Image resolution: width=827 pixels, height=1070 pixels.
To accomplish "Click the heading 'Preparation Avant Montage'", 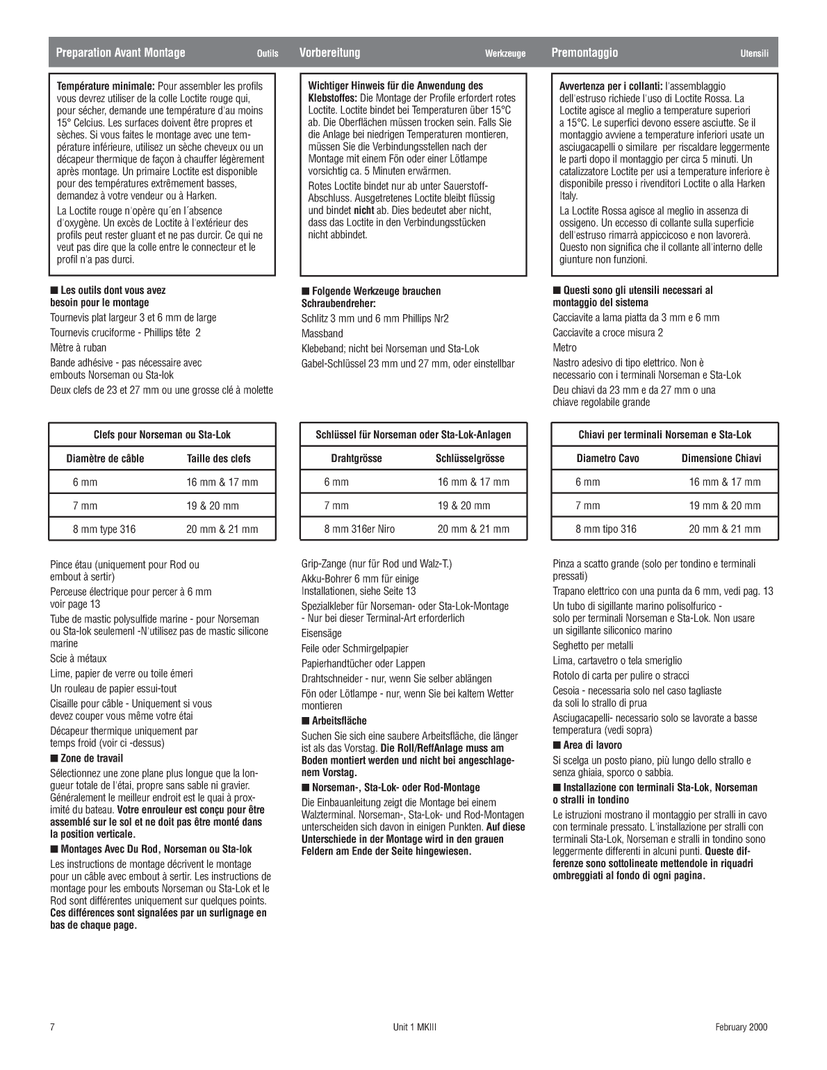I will click(120, 53).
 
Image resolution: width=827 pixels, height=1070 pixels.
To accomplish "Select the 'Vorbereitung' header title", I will click(329, 53).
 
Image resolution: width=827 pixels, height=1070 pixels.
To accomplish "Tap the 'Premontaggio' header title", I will click(584, 53).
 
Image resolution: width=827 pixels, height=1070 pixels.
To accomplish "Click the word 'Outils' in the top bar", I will click(267, 53).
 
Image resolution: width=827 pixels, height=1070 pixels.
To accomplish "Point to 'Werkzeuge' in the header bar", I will click(505, 53).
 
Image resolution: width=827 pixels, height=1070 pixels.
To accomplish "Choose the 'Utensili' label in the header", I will click(754, 53).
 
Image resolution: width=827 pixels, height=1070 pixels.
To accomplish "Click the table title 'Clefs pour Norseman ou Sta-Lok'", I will click(162, 435).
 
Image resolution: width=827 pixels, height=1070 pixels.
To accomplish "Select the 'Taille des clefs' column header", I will click(218, 459).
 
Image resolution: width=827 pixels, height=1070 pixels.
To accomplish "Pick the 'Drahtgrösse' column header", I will click(356, 459).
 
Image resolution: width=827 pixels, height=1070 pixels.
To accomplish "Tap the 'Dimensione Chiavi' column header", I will click(721, 459).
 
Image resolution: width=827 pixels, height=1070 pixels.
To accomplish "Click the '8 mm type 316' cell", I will click(104, 529).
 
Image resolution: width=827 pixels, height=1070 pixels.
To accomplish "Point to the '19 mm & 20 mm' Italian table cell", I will click(724, 506).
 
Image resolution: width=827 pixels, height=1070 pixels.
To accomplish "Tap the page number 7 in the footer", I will click(52, 1028).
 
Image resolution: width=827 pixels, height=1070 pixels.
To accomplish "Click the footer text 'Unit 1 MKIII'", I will click(413, 1028).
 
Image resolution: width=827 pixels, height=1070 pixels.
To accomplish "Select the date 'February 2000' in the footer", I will click(742, 1028).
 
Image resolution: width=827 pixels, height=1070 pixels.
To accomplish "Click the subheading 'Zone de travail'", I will click(91, 759).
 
